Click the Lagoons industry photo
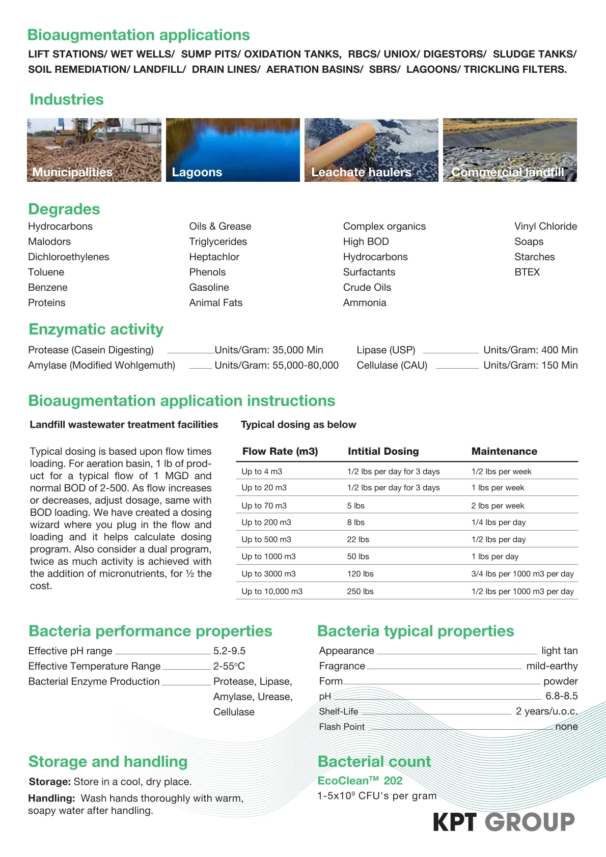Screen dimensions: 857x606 [x=233, y=150]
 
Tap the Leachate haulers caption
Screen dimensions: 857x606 [x=361, y=172]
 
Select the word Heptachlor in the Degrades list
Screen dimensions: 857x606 [x=214, y=257]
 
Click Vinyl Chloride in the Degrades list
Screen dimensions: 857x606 [x=545, y=226]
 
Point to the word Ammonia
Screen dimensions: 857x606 [x=365, y=302]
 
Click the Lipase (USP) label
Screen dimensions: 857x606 [x=385, y=350]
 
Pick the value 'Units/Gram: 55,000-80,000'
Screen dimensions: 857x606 [x=277, y=365]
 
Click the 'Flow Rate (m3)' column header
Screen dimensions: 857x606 [x=280, y=451]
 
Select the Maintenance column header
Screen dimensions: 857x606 [x=504, y=451]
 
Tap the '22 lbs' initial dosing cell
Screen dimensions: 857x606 [x=358, y=539]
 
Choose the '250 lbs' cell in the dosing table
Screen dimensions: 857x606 [x=360, y=591]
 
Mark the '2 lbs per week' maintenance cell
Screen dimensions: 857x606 [x=498, y=506]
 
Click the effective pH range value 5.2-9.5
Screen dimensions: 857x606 [x=229, y=651]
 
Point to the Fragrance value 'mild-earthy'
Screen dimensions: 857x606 [x=552, y=666]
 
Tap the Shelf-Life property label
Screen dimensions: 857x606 [x=339, y=711]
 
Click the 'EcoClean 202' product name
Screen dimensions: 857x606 [x=360, y=781]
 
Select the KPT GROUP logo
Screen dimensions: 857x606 [x=504, y=822]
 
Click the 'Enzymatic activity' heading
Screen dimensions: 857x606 [x=96, y=329]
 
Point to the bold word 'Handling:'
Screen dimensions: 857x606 [x=51, y=798]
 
